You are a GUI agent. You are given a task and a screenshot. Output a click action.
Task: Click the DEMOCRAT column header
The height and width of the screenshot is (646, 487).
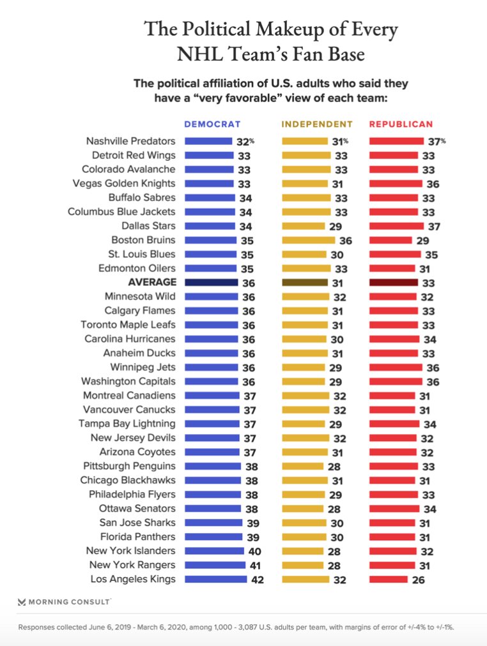coord(212,124)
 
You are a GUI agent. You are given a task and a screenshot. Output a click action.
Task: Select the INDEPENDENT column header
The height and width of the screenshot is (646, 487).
coord(317,124)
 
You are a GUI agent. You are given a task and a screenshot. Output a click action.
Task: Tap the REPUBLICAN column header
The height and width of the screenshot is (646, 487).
coord(401,124)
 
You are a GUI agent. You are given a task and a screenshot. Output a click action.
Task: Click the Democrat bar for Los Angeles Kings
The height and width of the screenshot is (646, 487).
coord(215,580)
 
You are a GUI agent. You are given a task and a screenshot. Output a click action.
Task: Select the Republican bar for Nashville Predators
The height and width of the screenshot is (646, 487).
coord(396,141)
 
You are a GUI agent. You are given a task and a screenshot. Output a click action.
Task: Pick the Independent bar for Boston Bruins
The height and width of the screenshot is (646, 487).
coord(308,240)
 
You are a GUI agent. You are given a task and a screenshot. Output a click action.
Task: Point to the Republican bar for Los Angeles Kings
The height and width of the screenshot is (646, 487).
coord(388,580)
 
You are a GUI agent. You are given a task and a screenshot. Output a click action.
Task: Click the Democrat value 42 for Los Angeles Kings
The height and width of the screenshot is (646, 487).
coord(257,580)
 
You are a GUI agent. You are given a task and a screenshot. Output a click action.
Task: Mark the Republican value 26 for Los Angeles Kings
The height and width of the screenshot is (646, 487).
coord(418,580)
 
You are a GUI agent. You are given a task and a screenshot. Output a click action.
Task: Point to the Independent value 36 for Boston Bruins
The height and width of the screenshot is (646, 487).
coord(346,240)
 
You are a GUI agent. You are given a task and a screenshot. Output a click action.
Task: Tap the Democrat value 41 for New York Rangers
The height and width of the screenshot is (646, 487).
coord(256,566)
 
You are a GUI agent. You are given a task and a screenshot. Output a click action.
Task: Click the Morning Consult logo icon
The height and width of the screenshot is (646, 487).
coord(22,601)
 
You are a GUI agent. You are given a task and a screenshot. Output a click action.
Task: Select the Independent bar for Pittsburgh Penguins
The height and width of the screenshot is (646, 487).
coord(302,466)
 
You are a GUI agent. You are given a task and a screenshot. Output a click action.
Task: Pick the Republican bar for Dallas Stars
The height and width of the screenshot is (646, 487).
coord(396,226)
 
